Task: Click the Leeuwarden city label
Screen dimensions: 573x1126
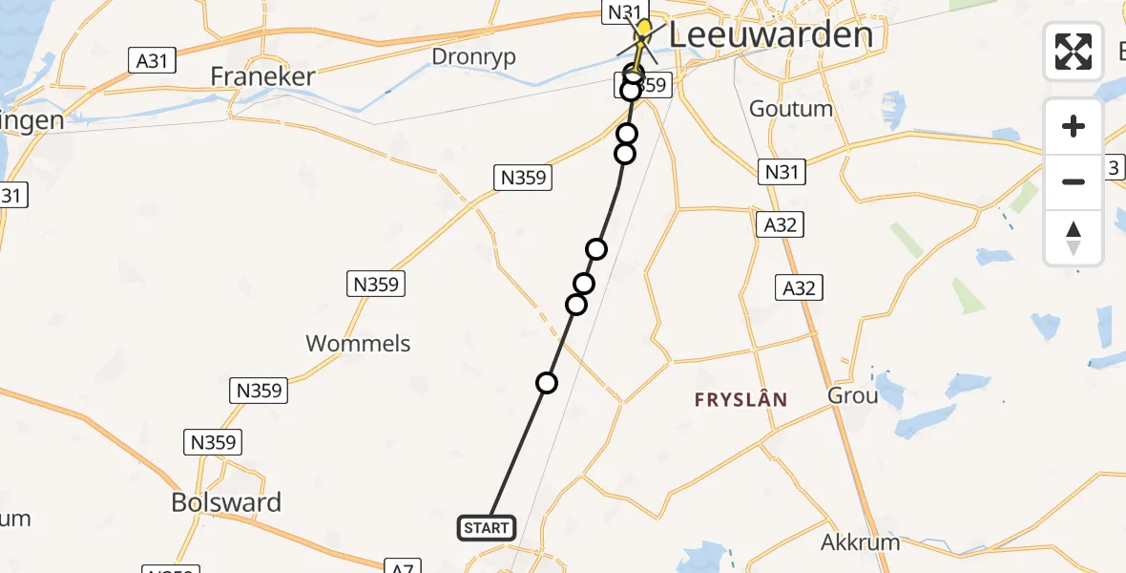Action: [x=770, y=36]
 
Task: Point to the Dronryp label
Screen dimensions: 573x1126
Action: [x=473, y=56]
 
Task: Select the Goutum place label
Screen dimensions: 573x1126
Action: [x=791, y=108]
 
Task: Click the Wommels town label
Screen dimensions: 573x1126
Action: [x=358, y=343]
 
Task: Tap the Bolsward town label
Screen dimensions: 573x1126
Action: [x=226, y=502]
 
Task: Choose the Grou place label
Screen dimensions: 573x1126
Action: [x=853, y=394]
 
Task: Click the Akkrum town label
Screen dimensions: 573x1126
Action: [x=860, y=542]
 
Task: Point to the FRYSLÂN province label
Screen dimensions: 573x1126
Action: [x=740, y=399]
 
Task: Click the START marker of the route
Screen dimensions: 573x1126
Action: [x=487, y=527]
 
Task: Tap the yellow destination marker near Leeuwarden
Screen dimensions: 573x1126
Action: [x=643, y=30]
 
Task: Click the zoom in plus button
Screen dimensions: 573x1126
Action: [x=1074, y=126]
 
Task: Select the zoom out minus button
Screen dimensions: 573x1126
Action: [x=1074, y=181]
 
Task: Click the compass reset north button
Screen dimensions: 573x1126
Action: [x=1074, y=237]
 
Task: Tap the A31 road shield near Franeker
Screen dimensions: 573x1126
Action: [x=152, y=61]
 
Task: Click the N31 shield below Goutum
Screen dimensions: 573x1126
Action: [x=782, y=172]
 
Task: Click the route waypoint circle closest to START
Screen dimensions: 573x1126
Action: [x=547, y=383]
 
